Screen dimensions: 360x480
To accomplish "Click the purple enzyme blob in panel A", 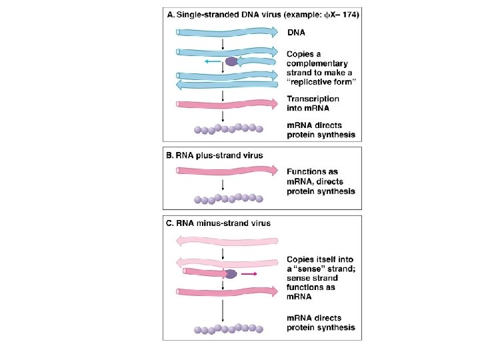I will (x=231, y=61).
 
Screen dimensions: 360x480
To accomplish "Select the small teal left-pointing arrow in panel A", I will (x=213, y=61).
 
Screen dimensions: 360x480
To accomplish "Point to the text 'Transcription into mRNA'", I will (x=313, y=104).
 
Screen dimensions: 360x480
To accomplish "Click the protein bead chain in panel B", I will (x=227, y=198).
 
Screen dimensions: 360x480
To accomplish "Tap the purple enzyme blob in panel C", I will (x=231, y=273).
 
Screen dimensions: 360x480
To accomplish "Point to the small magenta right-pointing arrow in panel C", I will (x=250, y=273).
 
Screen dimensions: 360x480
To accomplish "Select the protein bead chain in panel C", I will (x=227, y=329).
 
